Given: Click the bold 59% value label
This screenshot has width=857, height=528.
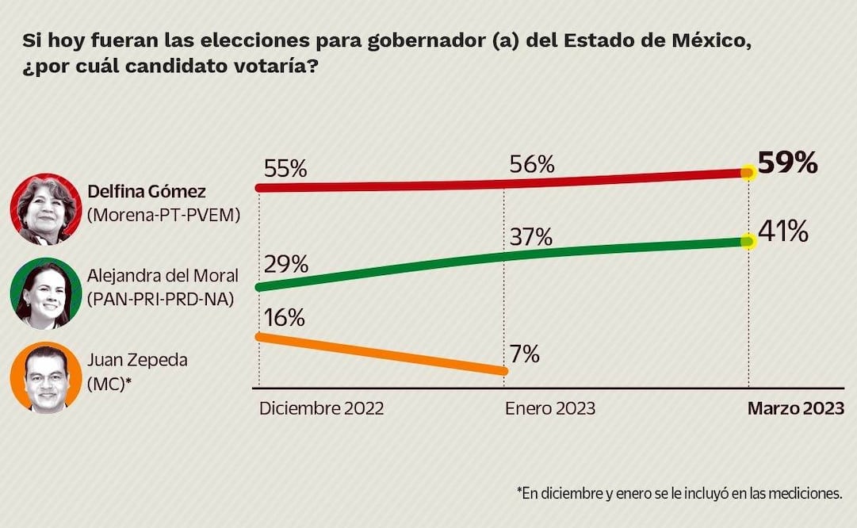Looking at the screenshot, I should (x=787, y=163).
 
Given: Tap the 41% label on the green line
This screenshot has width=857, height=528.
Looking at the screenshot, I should (x=783, y=232).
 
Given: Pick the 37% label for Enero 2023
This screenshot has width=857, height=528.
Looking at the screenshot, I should (x=530, y=236).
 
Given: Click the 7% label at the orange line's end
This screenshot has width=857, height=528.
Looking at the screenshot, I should (x=525, y=354).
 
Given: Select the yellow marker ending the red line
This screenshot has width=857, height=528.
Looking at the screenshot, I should (x=748, y=172).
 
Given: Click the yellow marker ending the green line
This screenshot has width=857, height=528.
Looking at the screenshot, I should (x=748, y=240).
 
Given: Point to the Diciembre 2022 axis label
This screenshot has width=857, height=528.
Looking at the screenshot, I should (x=321, y=408).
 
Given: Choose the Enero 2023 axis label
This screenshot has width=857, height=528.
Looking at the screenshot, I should (x=549, y=408).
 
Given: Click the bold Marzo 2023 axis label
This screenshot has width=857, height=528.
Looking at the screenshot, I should (x=796, y=408).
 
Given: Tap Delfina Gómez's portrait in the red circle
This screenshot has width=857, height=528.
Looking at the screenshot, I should (x=45, y=209).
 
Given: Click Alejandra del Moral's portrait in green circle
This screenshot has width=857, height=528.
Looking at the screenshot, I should (x=45, y=294).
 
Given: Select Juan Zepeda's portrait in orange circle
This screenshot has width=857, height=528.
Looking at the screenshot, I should (x=45, y=377).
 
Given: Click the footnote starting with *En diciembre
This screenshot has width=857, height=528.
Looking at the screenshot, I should (x=679, y=493).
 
